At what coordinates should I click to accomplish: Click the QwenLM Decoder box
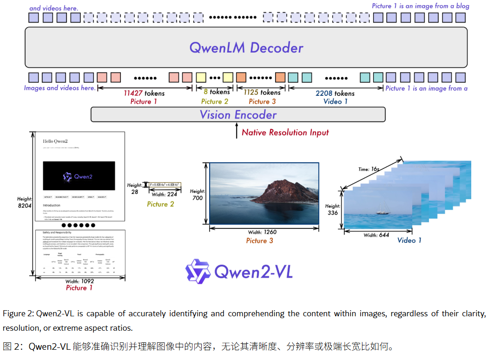click(x=246, y=47)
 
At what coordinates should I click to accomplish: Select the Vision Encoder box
click(x=238, y=115)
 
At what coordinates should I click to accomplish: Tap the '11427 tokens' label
click(x=144, y=93)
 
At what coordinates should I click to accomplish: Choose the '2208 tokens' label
click(x=335, y=93)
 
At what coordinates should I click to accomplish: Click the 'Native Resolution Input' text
click(x=285, y=133)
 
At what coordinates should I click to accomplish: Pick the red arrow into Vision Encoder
click(x=236, y=131)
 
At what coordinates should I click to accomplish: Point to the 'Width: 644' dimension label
click(x=376, y=235)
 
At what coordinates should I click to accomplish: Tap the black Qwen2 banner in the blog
click(x=79, y=175)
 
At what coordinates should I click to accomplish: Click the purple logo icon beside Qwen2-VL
click(x=198, y=272)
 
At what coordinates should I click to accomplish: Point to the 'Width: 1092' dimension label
click(x=79, y=281)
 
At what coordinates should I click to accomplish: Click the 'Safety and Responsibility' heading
click(x=56, y=232)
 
